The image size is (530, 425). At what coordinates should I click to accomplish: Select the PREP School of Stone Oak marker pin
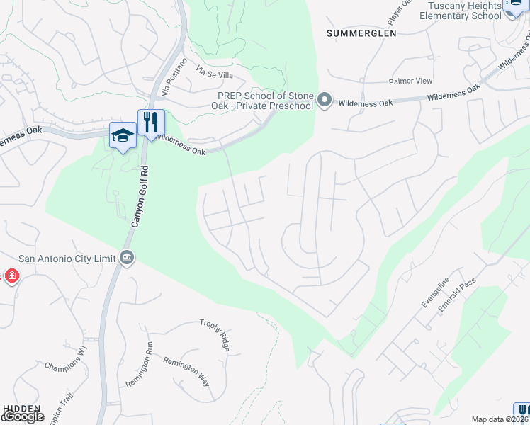click(x=325, y=101)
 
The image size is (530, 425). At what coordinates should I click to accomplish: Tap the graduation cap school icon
click(x=123, y=135)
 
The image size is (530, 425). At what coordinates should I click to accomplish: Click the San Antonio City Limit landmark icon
click(x=126, y=256)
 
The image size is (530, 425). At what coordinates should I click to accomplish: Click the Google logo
click(x=23, y=417)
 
